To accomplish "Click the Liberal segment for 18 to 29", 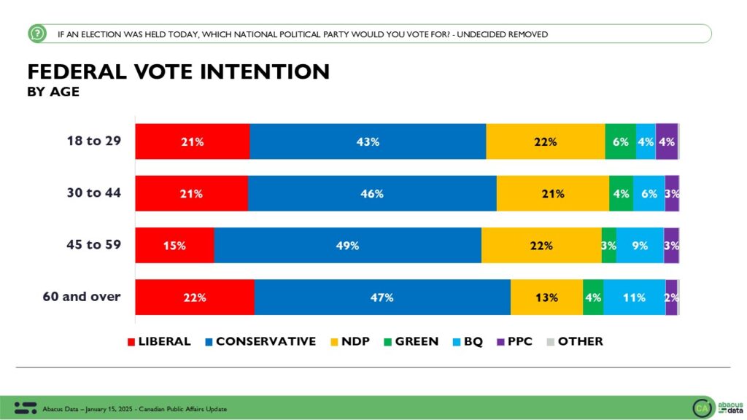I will (193, 141).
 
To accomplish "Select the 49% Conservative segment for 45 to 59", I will (347, 246).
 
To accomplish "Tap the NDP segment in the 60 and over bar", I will (546, 297).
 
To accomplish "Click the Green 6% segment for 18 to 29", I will (620, 141).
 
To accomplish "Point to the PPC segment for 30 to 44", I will (672, 194).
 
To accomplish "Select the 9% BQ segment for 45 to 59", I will (640, 246).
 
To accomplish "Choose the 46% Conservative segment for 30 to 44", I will (372, 194).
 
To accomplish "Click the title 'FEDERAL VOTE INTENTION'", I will (179, 71).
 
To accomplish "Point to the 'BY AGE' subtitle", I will (53, 92).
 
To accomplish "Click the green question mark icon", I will (37, 34).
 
